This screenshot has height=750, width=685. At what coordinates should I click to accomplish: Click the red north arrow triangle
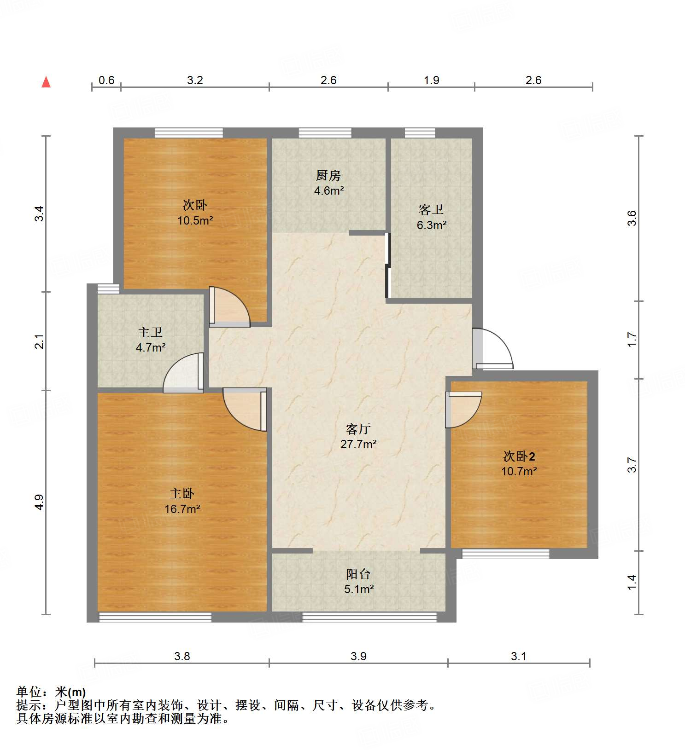pos(46,82)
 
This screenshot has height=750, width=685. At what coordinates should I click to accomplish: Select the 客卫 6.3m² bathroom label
pos(432,217)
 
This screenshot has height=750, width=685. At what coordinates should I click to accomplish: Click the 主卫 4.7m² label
pos(151,340)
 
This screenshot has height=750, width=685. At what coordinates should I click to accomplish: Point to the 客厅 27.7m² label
pos(358,436)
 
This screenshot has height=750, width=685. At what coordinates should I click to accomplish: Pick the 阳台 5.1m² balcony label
pos(358,581)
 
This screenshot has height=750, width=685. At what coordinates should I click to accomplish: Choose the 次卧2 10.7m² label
pos(519,463)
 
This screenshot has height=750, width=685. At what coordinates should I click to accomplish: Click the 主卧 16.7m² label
pos(182,501)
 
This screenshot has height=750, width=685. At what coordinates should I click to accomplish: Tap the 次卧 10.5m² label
pos(195,213)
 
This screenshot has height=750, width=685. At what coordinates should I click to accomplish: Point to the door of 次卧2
pos(463,409)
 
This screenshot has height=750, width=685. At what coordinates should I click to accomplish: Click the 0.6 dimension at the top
pos(106,81)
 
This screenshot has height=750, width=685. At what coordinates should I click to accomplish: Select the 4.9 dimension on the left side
pos(40,502)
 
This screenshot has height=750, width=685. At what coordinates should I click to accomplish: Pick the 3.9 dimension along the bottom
pos(358,656)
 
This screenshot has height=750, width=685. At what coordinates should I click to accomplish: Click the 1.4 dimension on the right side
pos(632,582)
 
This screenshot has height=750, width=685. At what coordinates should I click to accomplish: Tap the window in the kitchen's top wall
pos(325,133)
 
